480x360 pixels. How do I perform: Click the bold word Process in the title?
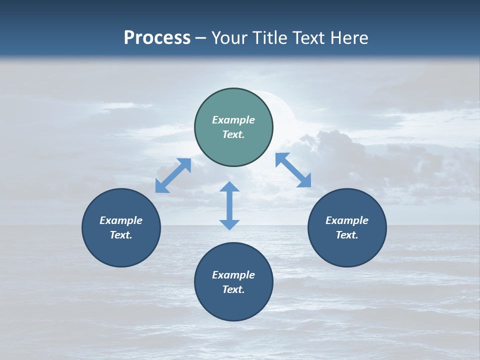pyautogui.click(x=157, y=38)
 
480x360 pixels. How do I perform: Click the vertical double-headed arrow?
pyautogui.click(x=229, y=205)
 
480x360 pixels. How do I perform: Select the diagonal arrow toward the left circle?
pyautogui.click(x=173, y=175)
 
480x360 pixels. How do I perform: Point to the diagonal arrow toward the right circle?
pyautogui.click(x=293, y=170)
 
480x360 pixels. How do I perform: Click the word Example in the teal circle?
pyautogui.click(x=233, y=120)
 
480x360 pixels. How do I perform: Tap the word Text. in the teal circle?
pyautogui.click(x=233, y=134)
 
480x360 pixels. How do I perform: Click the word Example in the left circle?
pyautogui.click(x=121, y=220)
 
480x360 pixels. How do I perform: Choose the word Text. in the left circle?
pyautogui.click(x=121, y=235)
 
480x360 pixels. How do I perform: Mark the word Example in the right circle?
pyautogui.click(x=347, y=220)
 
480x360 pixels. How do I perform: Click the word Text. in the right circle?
pyautogui.click(x=347, y=235)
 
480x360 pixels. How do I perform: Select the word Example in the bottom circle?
pyautogui.click(x=233, y=275)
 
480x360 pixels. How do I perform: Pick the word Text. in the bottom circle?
pyautogui.click(x=233, y=289)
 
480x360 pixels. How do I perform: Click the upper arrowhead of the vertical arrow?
pyautogui.click(x=229, y=187)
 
